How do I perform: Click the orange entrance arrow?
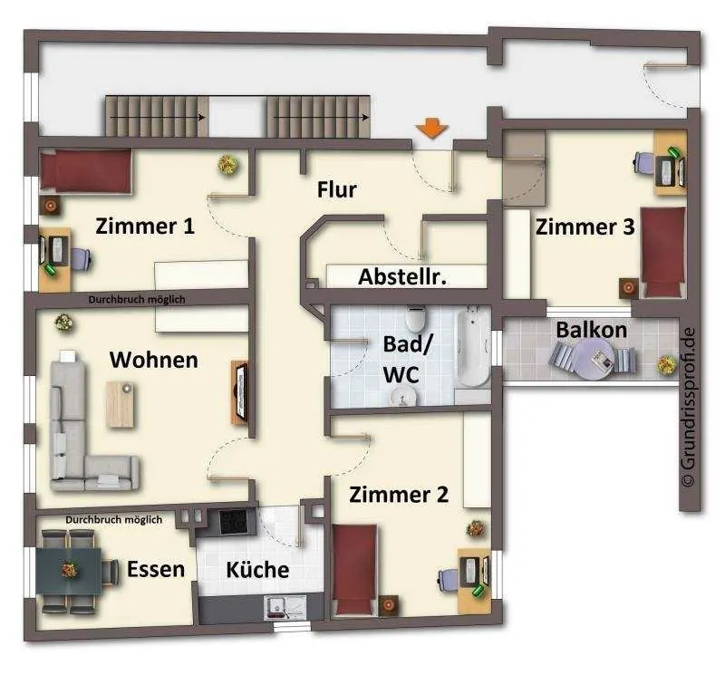pyautogui.click(x=431, y=128)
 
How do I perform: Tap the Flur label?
pyautogui.click(x=336, y=190)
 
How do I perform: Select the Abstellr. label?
pyautogui.click(x=402, y=277)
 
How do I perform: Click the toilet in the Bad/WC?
pyautogui.click(x=415, y=319)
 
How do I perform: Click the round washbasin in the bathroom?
pyautogui.click(x=403, y=397)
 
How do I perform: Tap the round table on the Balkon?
pyautogui.click(x=594, y=359)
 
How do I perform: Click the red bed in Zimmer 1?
pyautogui.click(x=85, y=170)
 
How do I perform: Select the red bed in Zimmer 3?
pyautogui.click(x=662, y=252)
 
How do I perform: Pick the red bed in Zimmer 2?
pyautogui.click(x=354, y=570)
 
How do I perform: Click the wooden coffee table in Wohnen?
pyautogui.click(x=121, y=404)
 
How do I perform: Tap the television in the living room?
pyautogui.click(x=240, y=391)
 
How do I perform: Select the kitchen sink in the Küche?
pyautogui.click(x=285, y=607)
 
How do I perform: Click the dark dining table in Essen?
pyautogui.click(x=69, y=571)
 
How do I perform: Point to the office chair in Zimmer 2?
pyautogui.click(x=449, y=578)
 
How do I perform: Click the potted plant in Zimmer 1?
pyautogui.click(x=228, y=164)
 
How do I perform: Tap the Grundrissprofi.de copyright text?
pyautogui.click(x=688, y=407)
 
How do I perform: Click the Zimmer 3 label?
pyautogui.click(x=585, y=227)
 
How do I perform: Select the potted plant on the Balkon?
pyautogui.click(x=667, y=364)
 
